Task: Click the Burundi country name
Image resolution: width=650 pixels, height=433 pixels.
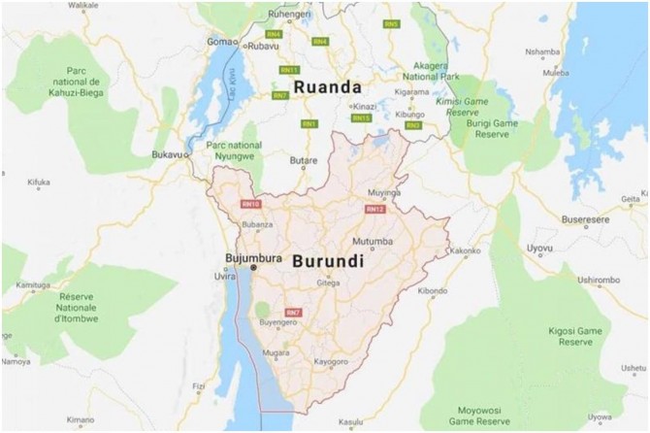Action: click(323, 262)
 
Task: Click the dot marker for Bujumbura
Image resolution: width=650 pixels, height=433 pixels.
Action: click(253, 266)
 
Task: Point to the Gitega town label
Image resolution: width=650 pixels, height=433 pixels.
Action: click(329, 283)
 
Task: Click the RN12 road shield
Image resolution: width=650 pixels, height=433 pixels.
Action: click(375, 209)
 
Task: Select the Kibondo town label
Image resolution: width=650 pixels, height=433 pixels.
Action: click(434, 290)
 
